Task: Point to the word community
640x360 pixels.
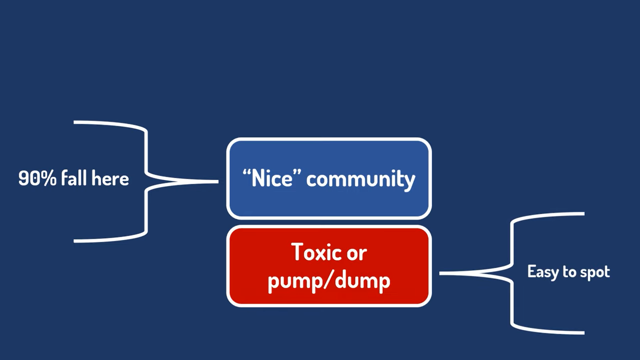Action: click(x=361, y=180)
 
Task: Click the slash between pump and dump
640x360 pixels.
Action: click(x=329, y=280)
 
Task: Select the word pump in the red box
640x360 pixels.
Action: click(x=296, y=281)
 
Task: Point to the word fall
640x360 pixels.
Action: click(x=74, y=179)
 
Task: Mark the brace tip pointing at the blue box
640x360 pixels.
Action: click(x=216, y=181)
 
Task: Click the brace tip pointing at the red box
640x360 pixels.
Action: click(x=441, y=273)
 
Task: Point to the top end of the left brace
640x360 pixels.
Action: click(x=75, y=122)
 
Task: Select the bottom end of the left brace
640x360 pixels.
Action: click(x=75, y=241)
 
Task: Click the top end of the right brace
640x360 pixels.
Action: click(x=583, y=214)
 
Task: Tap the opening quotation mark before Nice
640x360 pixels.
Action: click(x=247, y=172)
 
